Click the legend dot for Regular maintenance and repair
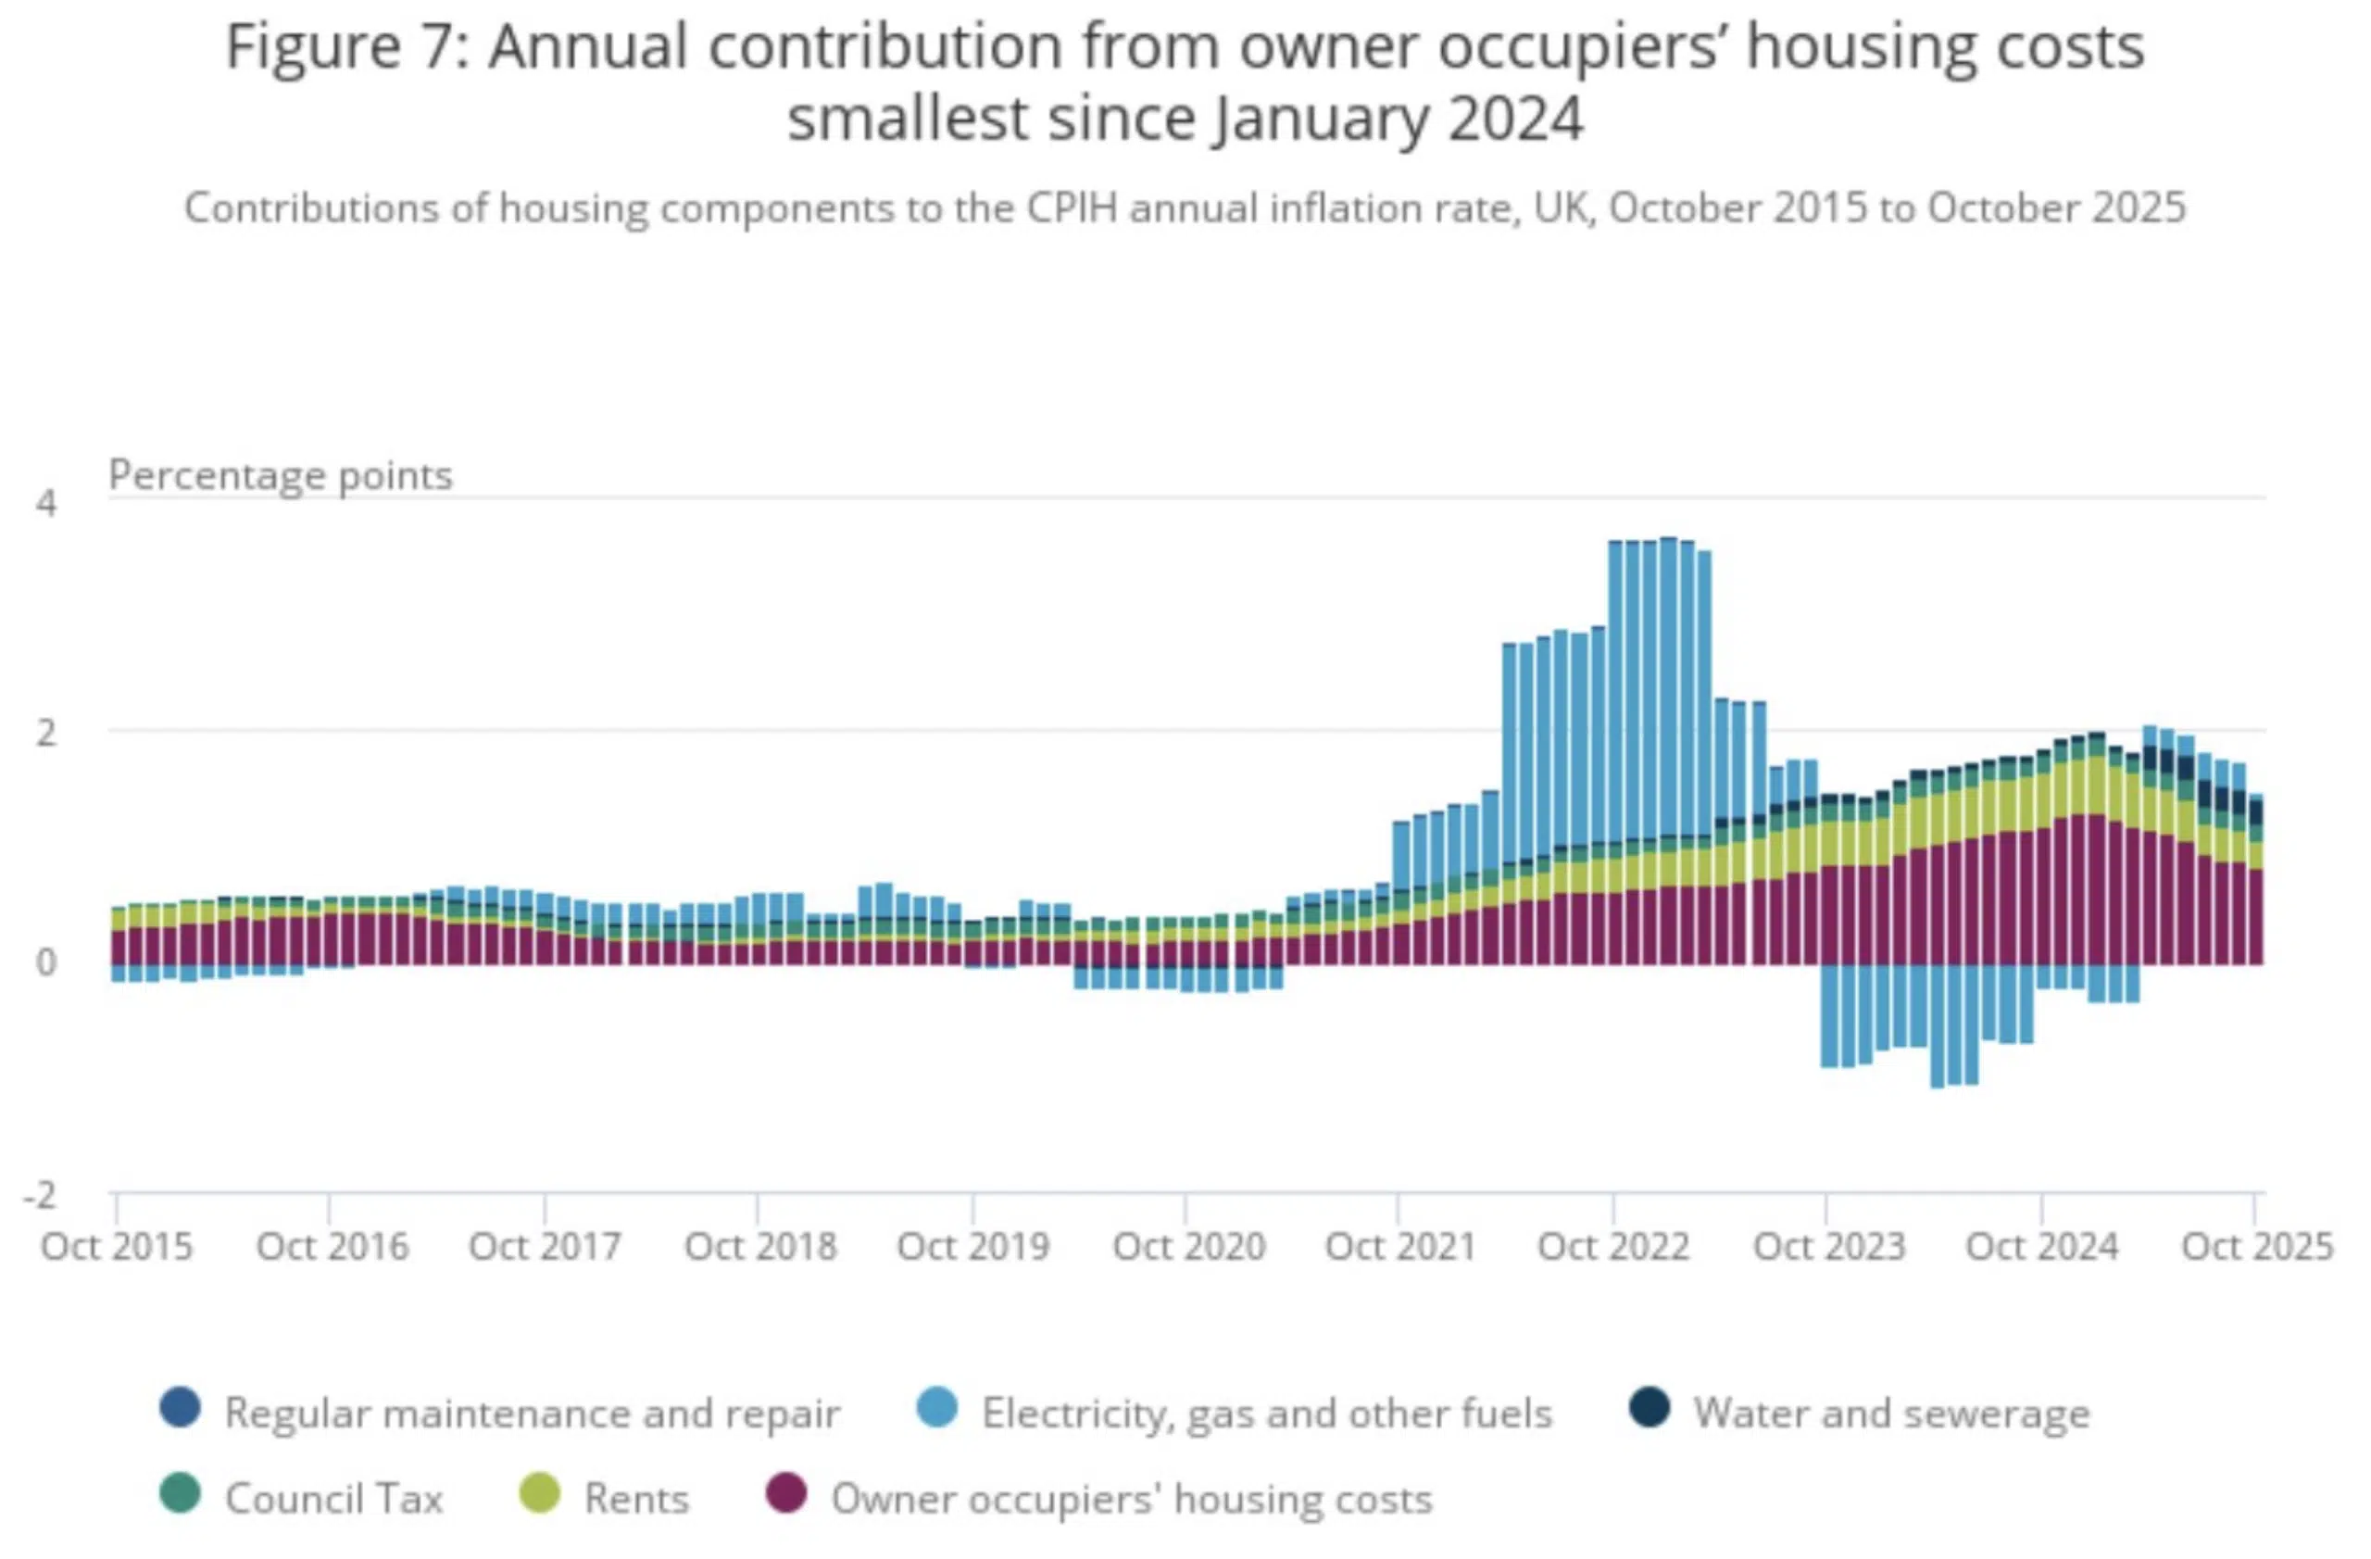pyautogui.click(x=181, y=1409)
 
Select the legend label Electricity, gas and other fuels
pyautogui.click(x=1266, y=1413)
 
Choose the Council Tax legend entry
pyautogui.click(x=332, y=1498)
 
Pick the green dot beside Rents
pyautogui.click(x=539, y=1494)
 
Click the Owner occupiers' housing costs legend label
pyautogui.click(x=1132, y=1498)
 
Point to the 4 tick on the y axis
pyautogui.click(x=45, y=503)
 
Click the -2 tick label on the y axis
pyautogui.click(x=40, y=1194)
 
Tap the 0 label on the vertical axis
pyautogui.click(x=45, y=963)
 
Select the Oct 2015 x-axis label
pyautogui.click(x=117, y=1246)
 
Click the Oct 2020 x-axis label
pyautogui.click(x=1188, y=1246)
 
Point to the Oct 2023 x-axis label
pyautogui.click(x=1828, y=1246)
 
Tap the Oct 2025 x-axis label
pyautogui.click(x=2256, y=1246)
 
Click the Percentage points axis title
pyautogui.click(x=280, y=475)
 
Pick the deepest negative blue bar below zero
pyautogui.click(x=1937, y=1026)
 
